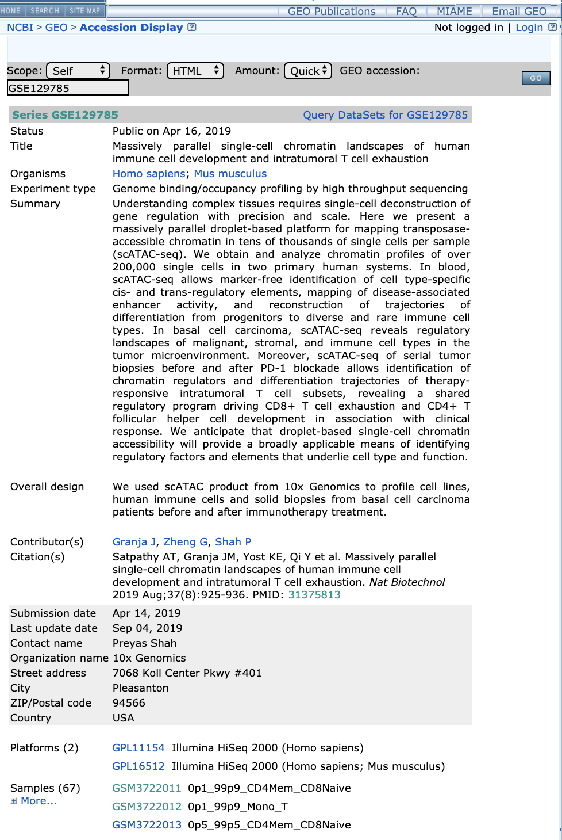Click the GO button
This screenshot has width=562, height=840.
pyautogui.click(x=536, y=78)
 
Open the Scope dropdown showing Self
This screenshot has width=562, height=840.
pyautogui.click(x=78, y=71)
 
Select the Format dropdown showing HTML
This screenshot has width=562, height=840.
pyautogui.click(x=195, y=71)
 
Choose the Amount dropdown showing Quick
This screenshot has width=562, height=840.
pyautogui.click(x=308, y=71)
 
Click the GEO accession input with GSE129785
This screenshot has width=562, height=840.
pyautogui.click(x=67, y=88)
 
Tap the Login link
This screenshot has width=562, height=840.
pyautogui.click(x=529, y=28)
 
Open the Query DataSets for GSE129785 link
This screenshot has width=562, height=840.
pyautogui.click(x=385, y=115)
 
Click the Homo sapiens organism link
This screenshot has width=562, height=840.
pyautogui.click(x=149, y=174)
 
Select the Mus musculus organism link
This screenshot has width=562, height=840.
pyautogui.click(x=230, y=174)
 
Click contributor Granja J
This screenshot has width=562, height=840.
pyautogui.click(x=134, y=542)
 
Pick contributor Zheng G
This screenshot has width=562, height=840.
pyautogui.click(x=186, y=542)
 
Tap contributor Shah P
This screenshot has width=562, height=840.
pyautogui.click(x=233, y=542)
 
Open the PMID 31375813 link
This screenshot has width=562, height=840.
pyautogui.click(x=314, y=595)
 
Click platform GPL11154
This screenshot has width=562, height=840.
pyautogui.click(x=138, y=748)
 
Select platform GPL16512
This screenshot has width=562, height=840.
pyautogui.click(x=138, y=766)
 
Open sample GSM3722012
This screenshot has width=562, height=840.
pyautogui.click(x=147, y=807)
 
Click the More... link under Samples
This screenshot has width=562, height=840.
pyautogui.click(x=39, y=801)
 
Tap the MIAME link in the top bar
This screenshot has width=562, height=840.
pyautogui.click(x=454, y=12)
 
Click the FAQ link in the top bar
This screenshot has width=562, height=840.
pyautogui.click(x=406, y=12)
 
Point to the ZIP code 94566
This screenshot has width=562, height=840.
pyautogui.click(x=129, y=703)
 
